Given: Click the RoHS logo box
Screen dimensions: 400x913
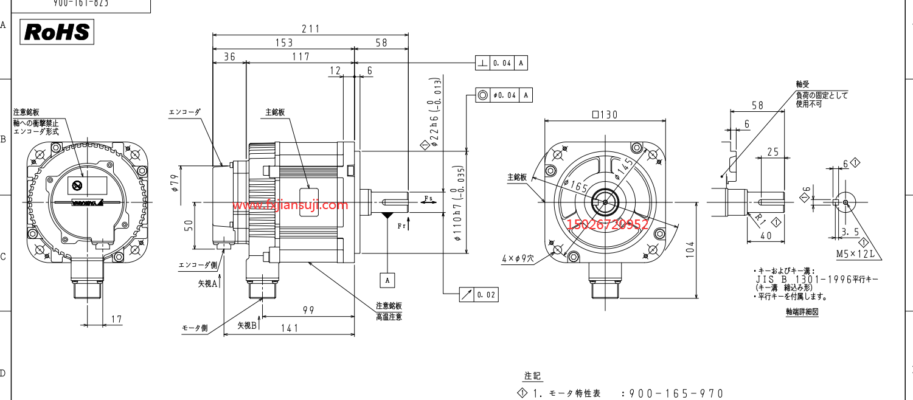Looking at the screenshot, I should coord(57,32).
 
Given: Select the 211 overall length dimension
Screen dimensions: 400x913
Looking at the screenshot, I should coord(311,29).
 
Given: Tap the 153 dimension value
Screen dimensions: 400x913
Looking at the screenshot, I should coord(283,43).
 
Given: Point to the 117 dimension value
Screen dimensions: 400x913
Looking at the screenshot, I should coord(300,57).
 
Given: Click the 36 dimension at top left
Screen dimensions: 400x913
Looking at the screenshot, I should coord(229,57).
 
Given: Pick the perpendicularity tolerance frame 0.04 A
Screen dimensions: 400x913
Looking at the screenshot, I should coord(501,63).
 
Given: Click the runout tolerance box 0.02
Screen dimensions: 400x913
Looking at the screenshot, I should coord(478,295).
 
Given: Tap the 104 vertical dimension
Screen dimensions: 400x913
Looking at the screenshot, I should coord(690,249).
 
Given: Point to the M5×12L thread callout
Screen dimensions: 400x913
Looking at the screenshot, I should coord(856,253).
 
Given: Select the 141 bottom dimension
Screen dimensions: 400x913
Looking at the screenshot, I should coord(290,328).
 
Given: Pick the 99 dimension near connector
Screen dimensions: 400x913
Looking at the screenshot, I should coord(308,310).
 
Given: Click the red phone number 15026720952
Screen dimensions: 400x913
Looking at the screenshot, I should coord(608,225).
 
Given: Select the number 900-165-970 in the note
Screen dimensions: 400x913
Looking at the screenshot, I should coord(676,394).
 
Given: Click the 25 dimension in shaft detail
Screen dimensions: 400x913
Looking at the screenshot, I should coord(772,151).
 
